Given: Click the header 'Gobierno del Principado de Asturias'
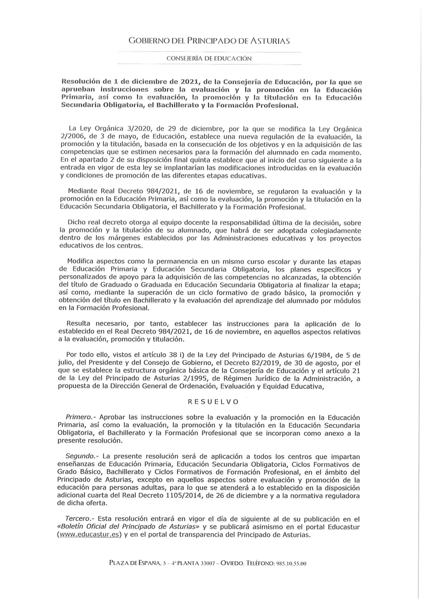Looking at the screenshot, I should click(209, 41).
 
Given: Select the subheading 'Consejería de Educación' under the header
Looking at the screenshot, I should click(209, 59).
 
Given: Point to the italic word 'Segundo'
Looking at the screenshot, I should click(79, 457).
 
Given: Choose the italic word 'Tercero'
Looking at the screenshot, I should click(77, 519).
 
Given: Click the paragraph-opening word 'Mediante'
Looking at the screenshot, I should click(83, 191).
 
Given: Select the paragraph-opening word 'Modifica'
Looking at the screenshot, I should click(81, 261).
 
